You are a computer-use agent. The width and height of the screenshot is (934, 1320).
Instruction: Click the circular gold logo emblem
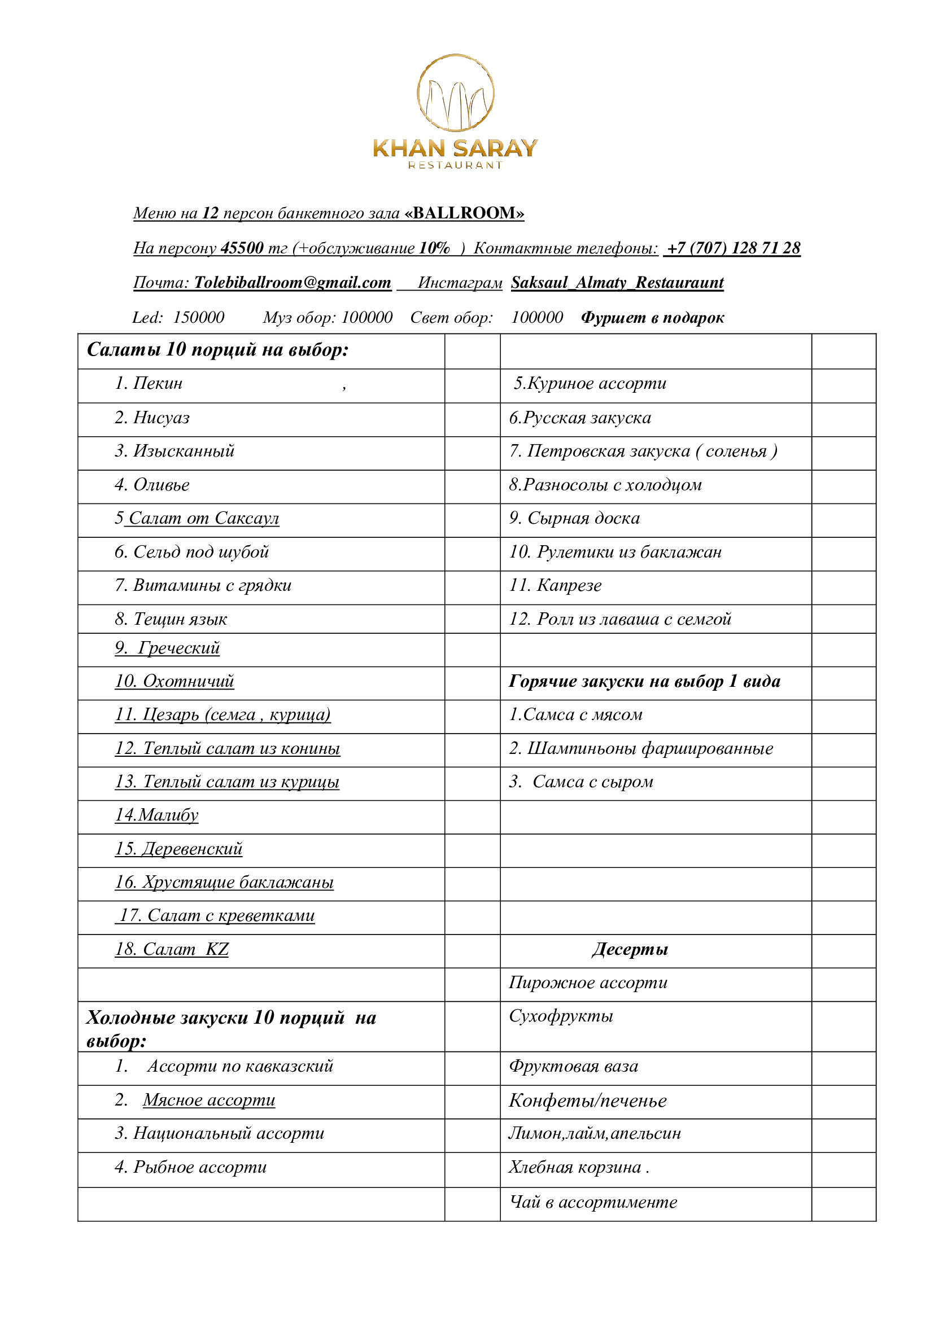pos(455,93)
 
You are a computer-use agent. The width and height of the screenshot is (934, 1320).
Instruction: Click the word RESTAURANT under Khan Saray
pos(455,165)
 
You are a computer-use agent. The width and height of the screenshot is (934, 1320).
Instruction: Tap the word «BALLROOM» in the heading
pos(464,213)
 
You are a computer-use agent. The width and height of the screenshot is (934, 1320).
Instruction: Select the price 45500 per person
pos(242,248)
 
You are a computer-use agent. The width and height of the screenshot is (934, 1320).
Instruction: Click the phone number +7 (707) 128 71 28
pos(732,248)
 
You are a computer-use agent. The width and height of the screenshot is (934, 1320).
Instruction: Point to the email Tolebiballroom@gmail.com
pos(292,282)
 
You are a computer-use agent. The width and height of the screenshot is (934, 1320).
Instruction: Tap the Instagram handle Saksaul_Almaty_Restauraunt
pos(617,282)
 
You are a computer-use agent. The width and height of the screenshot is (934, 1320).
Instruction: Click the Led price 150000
pos(198,317)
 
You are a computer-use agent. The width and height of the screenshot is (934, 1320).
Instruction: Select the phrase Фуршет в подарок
pos(652,317)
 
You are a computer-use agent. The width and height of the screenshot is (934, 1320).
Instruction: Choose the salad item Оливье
pos(152,485)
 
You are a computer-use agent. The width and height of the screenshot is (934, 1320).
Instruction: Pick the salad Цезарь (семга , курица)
pos(222,714)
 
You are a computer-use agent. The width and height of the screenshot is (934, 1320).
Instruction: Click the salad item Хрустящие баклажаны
pos(224,882)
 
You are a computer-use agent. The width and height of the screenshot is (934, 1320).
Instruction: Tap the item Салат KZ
pos(172,949)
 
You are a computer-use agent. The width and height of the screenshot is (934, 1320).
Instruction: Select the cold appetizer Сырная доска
pos(574,518)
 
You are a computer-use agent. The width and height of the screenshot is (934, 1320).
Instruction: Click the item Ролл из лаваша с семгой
pos(619,619)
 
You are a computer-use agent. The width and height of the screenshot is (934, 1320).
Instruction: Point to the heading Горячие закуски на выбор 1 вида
pos(644,681)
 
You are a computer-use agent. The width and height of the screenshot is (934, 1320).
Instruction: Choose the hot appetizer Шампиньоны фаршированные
pos(641,748)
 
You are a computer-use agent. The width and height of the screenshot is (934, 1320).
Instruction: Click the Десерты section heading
pos(630,949)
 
